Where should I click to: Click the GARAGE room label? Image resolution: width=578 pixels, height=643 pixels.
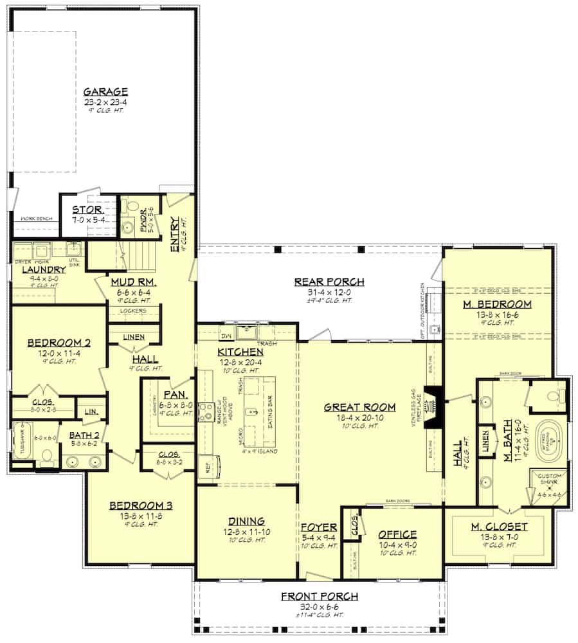(105, 91)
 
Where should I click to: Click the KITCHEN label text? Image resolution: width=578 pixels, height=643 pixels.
(240, 352)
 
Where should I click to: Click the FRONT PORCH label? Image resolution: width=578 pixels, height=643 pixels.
(319, 597)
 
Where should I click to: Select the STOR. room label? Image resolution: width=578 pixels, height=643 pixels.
(88, 210)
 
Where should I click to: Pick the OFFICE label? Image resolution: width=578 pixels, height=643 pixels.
(397, 534)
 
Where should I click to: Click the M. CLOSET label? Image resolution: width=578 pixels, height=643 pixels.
(499, 527)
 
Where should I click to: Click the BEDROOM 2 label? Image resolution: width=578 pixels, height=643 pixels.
(58, 343)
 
